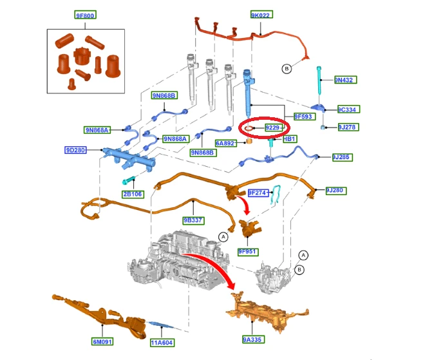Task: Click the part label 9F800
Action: click(85, 15)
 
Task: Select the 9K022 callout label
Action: click(261, 15)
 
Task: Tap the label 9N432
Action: click(345, 80)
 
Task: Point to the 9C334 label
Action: click(348, 109)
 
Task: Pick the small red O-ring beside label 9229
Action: click(249, 128)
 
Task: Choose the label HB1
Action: click(290, 139)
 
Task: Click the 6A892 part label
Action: click(226, 143)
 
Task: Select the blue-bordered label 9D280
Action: click(75, 150)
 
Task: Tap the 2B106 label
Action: click(133, 194)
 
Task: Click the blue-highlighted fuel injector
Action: click(248, 93)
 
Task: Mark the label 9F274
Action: click(258, 193)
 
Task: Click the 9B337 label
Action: click(194, 220)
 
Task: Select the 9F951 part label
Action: click(248, 252)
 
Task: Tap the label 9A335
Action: click(253, 339)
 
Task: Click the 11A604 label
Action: click(162, 343)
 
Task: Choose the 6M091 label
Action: click(102, 341)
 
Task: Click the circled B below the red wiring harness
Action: click(287, 68)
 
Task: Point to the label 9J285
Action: click(343, 157)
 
